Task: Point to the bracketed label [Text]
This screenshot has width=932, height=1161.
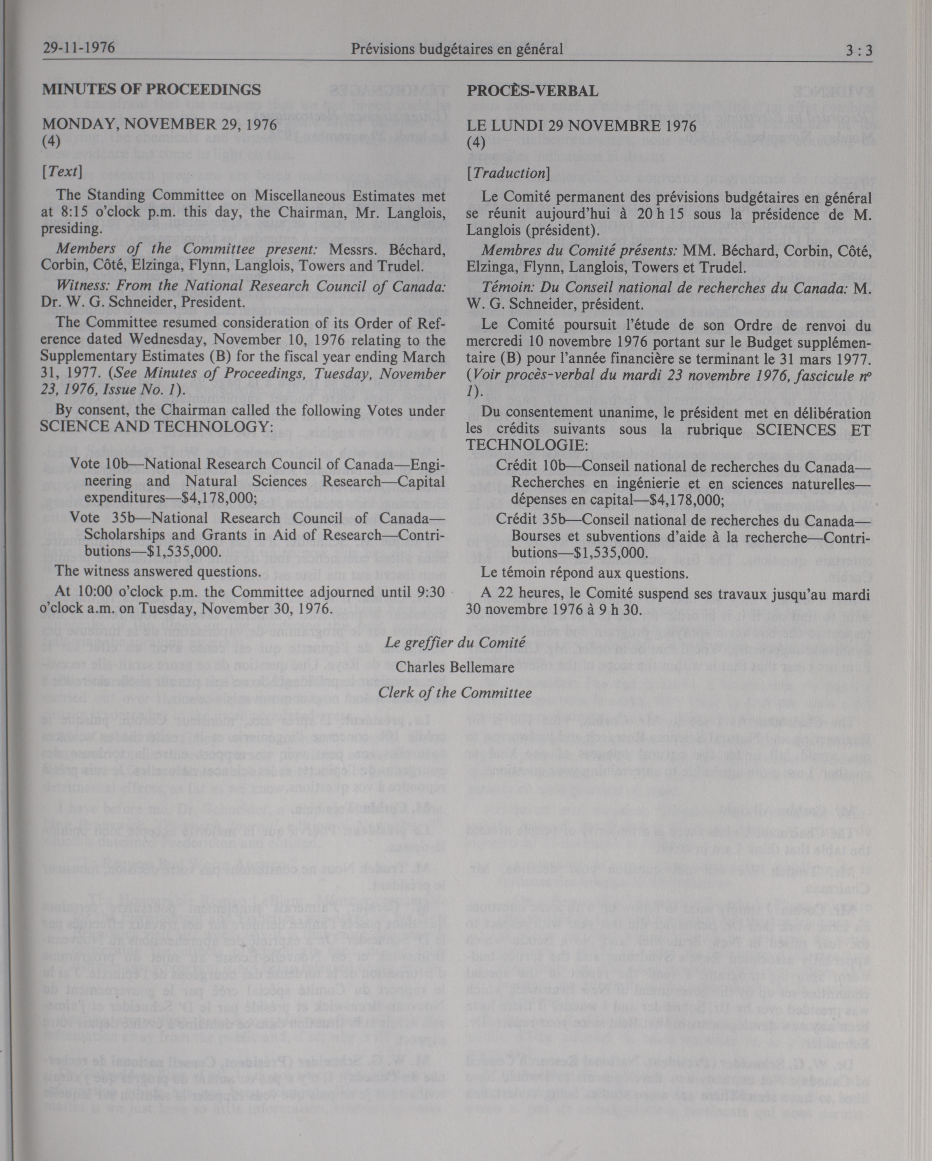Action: point(62,172)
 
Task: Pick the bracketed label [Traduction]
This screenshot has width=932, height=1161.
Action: point(508,173)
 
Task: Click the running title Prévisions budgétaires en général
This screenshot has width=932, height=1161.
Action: point(456,49)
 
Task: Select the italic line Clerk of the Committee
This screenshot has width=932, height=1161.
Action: point(455,692)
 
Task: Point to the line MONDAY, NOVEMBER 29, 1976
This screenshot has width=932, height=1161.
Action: point(159,125)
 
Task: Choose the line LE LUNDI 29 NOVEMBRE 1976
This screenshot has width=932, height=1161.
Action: point(581,126)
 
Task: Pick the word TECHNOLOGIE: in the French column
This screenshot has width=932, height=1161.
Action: point(527,445)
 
